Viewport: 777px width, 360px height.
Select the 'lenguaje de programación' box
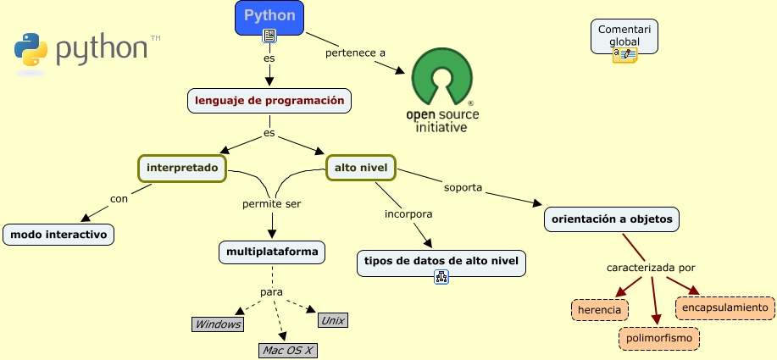click(269, 101)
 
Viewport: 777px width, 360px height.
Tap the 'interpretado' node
click(183, 169)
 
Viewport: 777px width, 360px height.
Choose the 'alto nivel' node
click(361, 169)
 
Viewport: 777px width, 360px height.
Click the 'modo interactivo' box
click(58, 235)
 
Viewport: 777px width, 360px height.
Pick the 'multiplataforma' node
click(272, 252)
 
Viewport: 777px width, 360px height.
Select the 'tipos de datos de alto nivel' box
click(441, 262)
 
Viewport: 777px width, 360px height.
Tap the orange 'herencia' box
click(601, 310)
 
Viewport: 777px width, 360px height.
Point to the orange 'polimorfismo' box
click(659, 340)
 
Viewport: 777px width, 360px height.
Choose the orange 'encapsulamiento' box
click(724, 307)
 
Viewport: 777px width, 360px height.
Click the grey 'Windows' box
click(218, 324)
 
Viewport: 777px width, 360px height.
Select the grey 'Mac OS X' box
click(288, 350)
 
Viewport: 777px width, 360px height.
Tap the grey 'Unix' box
click(332, 320)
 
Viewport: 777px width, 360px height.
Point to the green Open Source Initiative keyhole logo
click(441, 77)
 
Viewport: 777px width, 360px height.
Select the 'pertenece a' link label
click(355, 53)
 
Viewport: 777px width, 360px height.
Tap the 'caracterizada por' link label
click(651, 269)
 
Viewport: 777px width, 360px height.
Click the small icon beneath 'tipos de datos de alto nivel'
click(441, 277)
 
